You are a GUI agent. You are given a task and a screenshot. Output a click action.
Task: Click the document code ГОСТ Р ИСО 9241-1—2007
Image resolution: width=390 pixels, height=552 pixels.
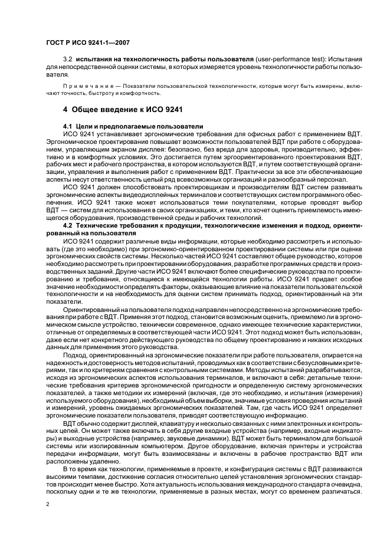pyautogui.click(x=87, y=42)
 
